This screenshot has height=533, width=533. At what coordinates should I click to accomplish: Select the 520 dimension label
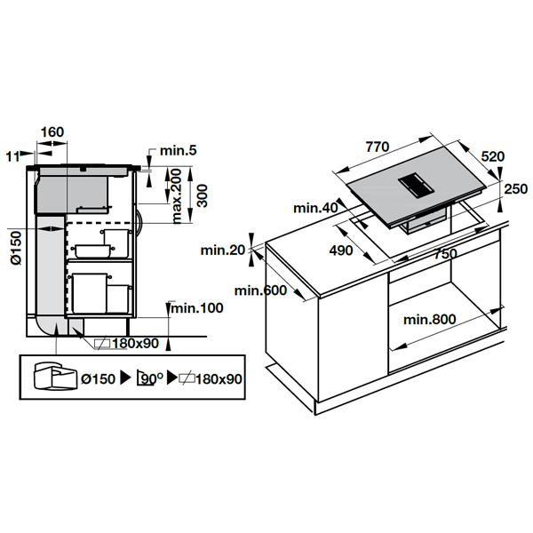492,156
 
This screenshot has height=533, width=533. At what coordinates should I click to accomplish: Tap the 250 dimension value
515,188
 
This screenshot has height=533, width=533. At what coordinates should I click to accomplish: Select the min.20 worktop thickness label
223,251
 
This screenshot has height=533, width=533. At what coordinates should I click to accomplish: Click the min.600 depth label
259,290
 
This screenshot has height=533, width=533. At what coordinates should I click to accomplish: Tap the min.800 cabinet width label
433,319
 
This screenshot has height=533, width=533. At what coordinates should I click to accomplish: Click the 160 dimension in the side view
52,132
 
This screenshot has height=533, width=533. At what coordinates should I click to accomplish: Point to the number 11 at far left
11,156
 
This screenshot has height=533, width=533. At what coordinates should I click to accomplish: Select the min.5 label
179,152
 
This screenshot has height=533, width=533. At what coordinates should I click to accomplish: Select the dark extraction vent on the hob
416,184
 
